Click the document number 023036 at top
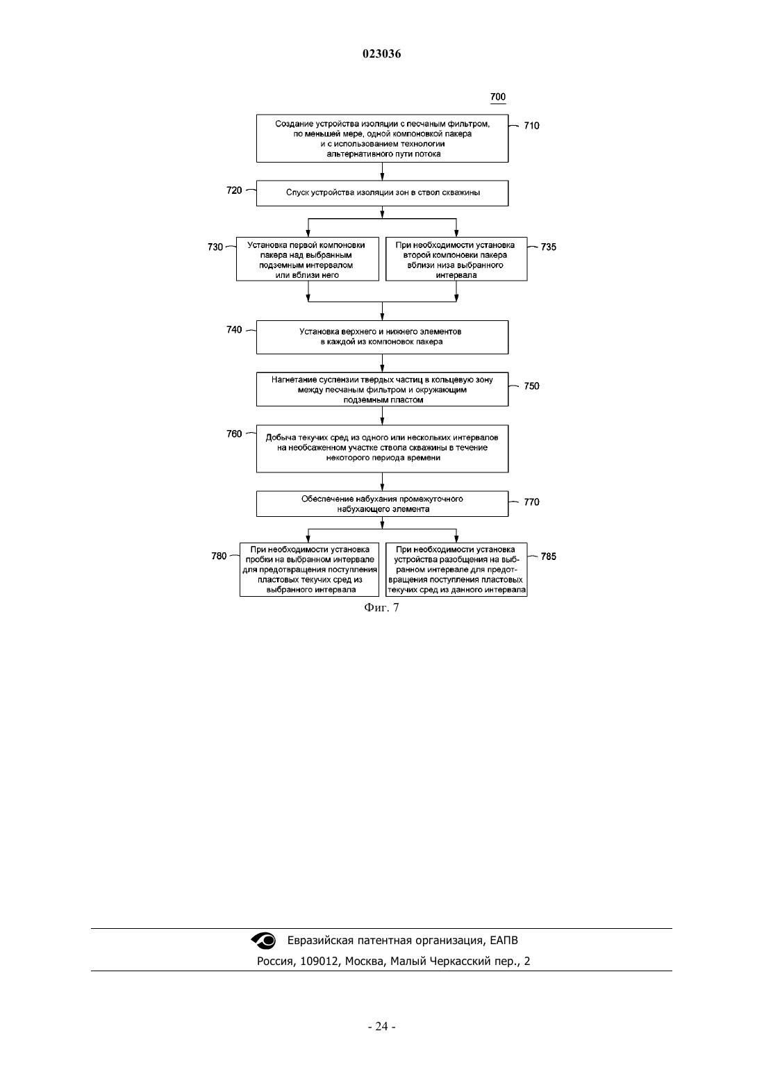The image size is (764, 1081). coord(381,53)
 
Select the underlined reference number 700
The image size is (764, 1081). coord(498,97)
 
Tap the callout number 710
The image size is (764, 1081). coord(531,126)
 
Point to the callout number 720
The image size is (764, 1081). coord(234,190)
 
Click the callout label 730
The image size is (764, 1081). coord(215,247)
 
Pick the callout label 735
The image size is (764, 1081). coord(549,247)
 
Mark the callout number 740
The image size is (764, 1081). coord(234,329)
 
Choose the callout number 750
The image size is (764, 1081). coord(531,386)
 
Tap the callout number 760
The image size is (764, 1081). coord(234,434)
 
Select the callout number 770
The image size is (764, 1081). coord(531,502)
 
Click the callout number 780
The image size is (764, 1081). coord(219,556)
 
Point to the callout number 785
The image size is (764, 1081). coord(549,556)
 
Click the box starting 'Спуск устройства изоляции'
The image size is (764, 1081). coord(382,193)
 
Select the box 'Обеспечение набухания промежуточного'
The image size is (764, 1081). coord(382,504)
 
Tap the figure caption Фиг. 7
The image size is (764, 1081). coord(381,607)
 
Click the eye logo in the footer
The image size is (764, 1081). coord(263,941)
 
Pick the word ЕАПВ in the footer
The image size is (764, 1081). coord(504,940)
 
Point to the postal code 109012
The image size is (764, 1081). coord(319,962)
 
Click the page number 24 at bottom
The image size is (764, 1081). coord(381,1026)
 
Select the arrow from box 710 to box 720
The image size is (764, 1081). coord(382,172)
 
